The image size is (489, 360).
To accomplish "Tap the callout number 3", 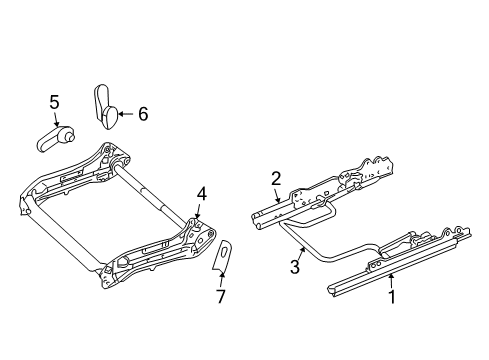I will click(x=295, y=266).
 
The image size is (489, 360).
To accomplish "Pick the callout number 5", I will click(x=55, y=101).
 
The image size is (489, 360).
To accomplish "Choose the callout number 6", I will click(x=142, y=114).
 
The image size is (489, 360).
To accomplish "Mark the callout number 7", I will click(x=220, y=297).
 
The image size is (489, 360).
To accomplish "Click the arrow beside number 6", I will click(x=124, y=114).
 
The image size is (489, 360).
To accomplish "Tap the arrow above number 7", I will click(x=220, y=277).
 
